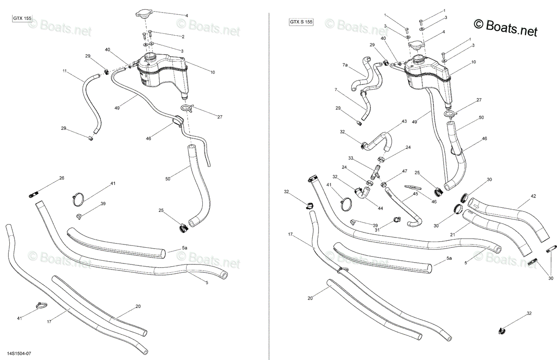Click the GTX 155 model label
(x=22, y=19)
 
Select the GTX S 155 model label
(x=301, y=22)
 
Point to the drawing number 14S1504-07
(x=19, y=354)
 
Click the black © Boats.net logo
(x=505, y=27)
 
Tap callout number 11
(x=65, y=71)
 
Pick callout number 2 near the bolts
(x=183, y=37)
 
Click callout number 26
(x=62, y=178)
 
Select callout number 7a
(x=345, y=65)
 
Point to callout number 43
(x=404, y=121)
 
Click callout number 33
(x=350, y=158)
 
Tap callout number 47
(x=405, y=171)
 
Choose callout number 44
(x=381, y=208)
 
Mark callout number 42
(x=533, y=196)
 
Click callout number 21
(x=453, y=235)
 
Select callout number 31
(x=377, y=230)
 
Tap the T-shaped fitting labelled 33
(x=375, y=172)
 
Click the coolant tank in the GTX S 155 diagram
(x=427, y=79)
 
